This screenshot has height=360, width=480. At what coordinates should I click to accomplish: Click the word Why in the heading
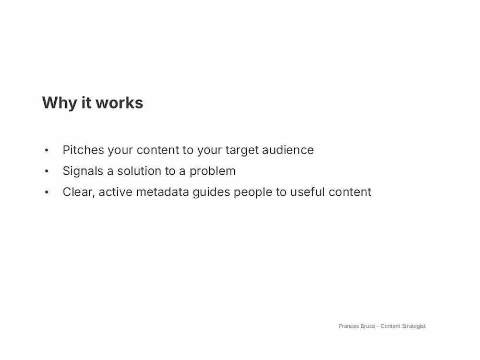(60, 103)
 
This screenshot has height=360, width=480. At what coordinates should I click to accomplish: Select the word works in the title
(120, 103)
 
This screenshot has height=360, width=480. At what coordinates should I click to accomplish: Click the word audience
(288, 150)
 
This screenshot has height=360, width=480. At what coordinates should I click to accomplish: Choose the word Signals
(83, 171)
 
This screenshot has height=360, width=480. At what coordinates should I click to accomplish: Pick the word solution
(139, 171)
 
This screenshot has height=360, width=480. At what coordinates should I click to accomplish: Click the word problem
(213, 171)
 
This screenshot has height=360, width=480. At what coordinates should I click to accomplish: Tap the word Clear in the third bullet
(79, 192)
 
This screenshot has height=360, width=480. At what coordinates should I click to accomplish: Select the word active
(115, 192)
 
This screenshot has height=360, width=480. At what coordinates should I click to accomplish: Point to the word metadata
(162, 192)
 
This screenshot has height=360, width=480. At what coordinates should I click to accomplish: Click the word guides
(211, 192)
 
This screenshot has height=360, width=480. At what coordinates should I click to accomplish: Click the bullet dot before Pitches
(47, 150)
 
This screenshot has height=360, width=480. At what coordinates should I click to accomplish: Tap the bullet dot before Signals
(47, 171)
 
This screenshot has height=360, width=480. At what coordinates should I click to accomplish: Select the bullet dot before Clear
(47, 192)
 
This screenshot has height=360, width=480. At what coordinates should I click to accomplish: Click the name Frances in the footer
(348, 326)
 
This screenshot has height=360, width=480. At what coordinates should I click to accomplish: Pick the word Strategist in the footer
(414, 326)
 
